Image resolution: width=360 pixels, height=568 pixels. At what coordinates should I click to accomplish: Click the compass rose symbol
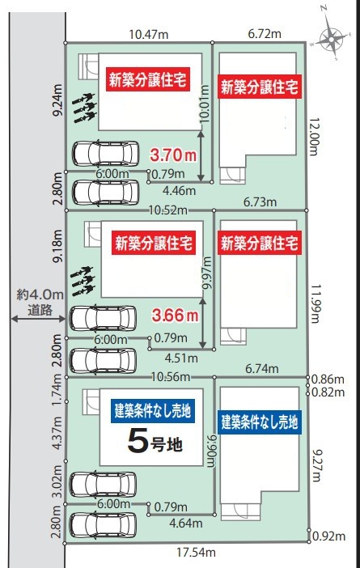coord(331,38)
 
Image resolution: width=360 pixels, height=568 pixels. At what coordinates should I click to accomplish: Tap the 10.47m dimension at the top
coord(149,35)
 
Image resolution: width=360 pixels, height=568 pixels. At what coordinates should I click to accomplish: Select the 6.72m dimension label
coord(265,34)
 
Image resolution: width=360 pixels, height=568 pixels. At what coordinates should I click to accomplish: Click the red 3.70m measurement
coord(173,155)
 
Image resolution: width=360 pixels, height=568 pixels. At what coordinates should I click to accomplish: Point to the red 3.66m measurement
coord(175,316)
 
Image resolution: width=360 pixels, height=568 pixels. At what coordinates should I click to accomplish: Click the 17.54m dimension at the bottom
coord(196,553)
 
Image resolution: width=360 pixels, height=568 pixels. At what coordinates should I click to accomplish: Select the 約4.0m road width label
coord(40,295)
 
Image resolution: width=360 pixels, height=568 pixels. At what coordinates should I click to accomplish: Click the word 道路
coord(40,310)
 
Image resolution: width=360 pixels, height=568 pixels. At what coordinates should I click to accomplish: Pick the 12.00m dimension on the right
coord(314,137)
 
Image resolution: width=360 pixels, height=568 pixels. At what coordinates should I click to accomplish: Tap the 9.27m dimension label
coord(316,466)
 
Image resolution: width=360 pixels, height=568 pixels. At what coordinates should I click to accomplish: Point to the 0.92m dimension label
coord(328,536)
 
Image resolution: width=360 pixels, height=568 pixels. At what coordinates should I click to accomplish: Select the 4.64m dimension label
coord(186,523)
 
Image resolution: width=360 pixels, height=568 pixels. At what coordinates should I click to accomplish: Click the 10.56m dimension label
coord(171,377)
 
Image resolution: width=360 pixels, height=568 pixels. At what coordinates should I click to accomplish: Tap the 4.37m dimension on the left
coord(57,433)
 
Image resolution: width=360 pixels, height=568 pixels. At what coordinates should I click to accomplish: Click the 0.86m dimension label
coord(328,379)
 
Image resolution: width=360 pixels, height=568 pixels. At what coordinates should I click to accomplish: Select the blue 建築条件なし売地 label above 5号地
coord(153,411)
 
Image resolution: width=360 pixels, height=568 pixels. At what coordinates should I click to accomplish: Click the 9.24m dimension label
coord(57,100)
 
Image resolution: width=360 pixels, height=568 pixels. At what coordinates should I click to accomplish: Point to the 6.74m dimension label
coord(262,369)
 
